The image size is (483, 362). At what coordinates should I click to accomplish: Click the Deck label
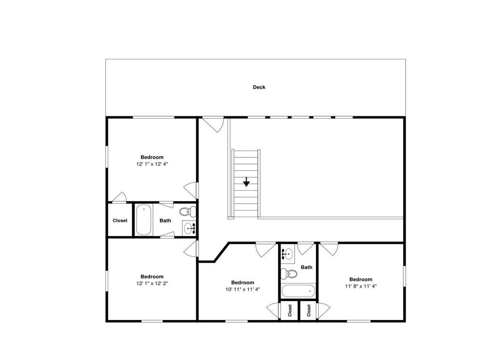tap(259, 87)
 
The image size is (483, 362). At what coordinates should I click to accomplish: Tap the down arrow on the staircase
tap(246, 182)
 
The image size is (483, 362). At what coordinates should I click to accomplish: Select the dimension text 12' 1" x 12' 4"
tap(152, 164)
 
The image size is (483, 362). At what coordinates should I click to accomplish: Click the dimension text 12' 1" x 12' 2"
tap(152, 283)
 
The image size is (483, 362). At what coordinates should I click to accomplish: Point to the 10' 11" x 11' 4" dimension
tap(243, 289)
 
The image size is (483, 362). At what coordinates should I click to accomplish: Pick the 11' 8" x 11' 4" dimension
tap(361, 286)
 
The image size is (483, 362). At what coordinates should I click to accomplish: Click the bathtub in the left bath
tap(143, 220)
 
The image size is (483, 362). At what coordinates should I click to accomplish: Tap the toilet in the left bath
tap(188, 211)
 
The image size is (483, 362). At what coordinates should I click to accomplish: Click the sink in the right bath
tap(287, 254)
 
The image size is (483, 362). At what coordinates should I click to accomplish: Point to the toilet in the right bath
tap(289, 273)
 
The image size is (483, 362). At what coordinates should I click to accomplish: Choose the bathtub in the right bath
tap(298, 291)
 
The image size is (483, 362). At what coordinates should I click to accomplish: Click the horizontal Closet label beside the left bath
tap(120, 221)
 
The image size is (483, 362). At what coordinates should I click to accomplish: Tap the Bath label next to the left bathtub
tap(165, 221)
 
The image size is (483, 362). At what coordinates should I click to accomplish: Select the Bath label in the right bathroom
tap(307, 267)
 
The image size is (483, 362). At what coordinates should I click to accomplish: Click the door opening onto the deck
tap(213, 124)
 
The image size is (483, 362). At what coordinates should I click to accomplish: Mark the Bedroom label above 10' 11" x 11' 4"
tap(243, 282)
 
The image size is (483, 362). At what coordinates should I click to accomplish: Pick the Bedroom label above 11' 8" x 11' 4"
tap(361, 279)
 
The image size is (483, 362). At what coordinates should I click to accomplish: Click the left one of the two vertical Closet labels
tap(290, 310)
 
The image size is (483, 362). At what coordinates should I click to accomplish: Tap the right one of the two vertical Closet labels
tap(309, 310)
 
